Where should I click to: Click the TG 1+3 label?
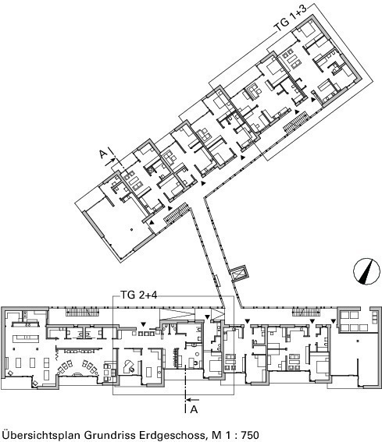(x=291, y=18)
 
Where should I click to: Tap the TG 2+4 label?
(x=139, y=295)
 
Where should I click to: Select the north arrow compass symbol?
(x=366, y=271)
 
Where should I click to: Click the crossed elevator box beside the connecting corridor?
(x=239, y=273)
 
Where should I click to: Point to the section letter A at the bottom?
(x=194, y=409)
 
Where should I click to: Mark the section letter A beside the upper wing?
(x=103, y=154)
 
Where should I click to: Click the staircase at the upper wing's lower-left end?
(x=176, y=214)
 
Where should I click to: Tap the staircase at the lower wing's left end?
(x=83, y=312)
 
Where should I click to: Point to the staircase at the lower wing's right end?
(x=306, y=312)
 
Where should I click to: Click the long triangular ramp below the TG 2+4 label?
(x=177, y=313)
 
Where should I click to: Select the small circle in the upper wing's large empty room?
(x=131, y=229)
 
